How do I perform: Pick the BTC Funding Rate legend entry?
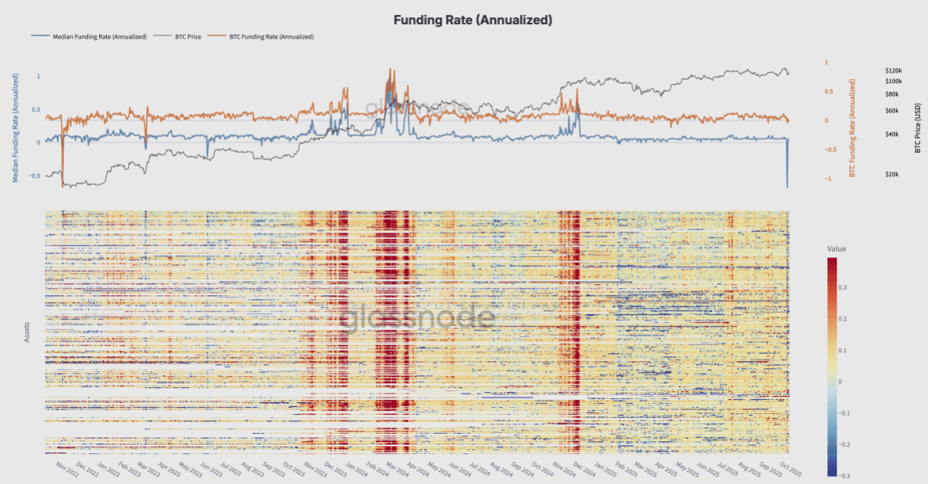(271, 36)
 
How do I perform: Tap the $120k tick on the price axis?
(893, 70)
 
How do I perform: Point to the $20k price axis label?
(892, 174)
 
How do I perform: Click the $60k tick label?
(892, 111)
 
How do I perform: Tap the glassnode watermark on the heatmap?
(417, 318)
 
